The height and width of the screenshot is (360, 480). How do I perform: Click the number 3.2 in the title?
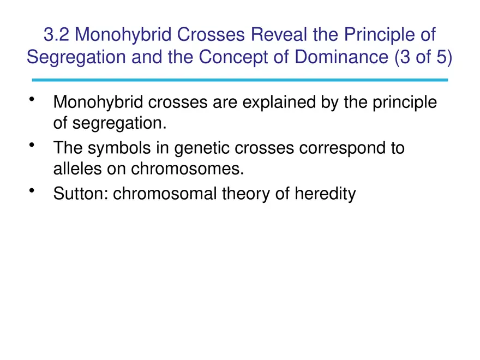56,35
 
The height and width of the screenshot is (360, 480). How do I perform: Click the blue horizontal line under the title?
240,80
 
